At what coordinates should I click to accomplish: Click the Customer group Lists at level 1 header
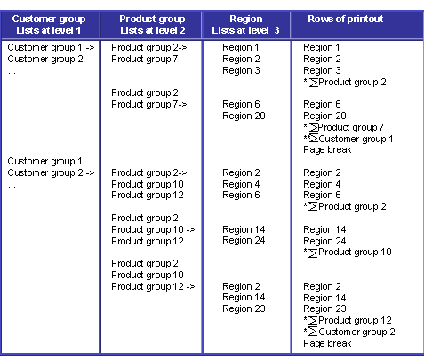tap(49, 25)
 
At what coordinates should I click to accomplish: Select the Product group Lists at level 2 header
tap(152, 25)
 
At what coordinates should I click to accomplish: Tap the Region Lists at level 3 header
tap(246, 25)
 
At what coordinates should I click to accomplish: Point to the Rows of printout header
tap(346, 19)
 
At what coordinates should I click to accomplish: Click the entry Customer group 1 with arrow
tap(51, 47)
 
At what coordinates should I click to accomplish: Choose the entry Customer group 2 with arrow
tap(51, 172)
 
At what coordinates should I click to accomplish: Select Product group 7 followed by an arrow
tap(149, 104)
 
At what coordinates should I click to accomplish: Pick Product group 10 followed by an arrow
tap(153, 229)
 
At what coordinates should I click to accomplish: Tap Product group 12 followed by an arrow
tap(153, 286)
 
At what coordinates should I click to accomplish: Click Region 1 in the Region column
tap(241, 47)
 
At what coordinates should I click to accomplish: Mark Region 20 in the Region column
tap(244, 116)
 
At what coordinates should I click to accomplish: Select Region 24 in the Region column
tap(244, 240)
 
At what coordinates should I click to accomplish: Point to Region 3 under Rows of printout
tap(322, 70)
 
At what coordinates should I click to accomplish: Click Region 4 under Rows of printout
tap(322, 184)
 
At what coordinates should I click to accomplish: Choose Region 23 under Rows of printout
tap(324, 308)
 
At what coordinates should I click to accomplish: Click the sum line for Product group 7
tap(344, 127)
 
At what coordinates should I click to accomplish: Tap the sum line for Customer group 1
tap(348, 139)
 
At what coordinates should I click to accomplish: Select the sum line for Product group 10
tap(348, 252)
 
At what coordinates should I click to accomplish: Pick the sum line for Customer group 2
tap(349, 332)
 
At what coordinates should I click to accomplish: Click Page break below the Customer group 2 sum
tap(327, 343)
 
